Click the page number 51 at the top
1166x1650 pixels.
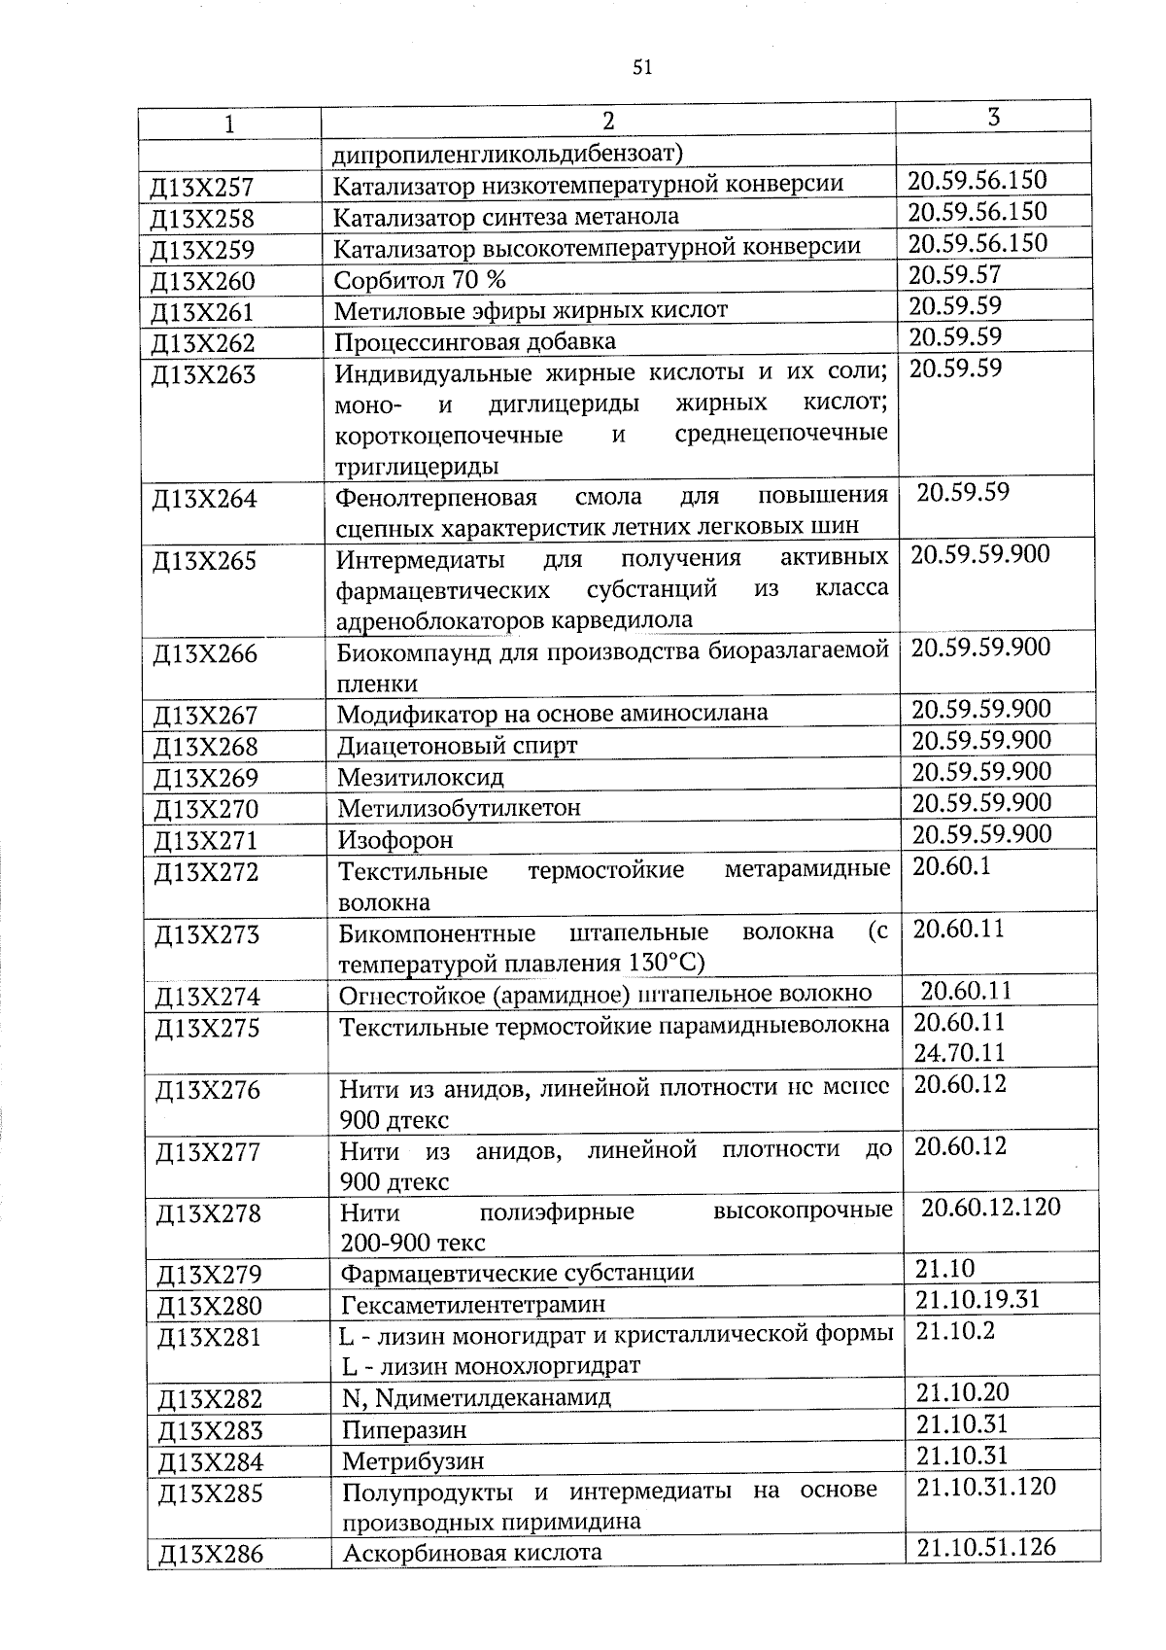tap(641, 67)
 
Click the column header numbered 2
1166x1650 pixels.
tap(607, 121)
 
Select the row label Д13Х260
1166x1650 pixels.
tap(203, 282)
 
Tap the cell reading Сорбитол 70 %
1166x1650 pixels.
tap(420, 280)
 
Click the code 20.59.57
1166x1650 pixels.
tap(954, 275)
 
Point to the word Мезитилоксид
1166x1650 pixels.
tap(421, 778)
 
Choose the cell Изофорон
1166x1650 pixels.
tap(395, 839)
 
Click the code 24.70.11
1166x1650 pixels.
tap(960, 1053)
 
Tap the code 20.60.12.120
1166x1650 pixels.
tap(990, 1208)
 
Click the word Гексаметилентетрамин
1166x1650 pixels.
tap(473, 1304)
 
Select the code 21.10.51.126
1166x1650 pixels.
tap(985, 1547)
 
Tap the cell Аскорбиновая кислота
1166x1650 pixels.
tap(472, 1553)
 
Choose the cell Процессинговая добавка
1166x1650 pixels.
tap(475, 342)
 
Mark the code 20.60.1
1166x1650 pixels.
tap(951, 866)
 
